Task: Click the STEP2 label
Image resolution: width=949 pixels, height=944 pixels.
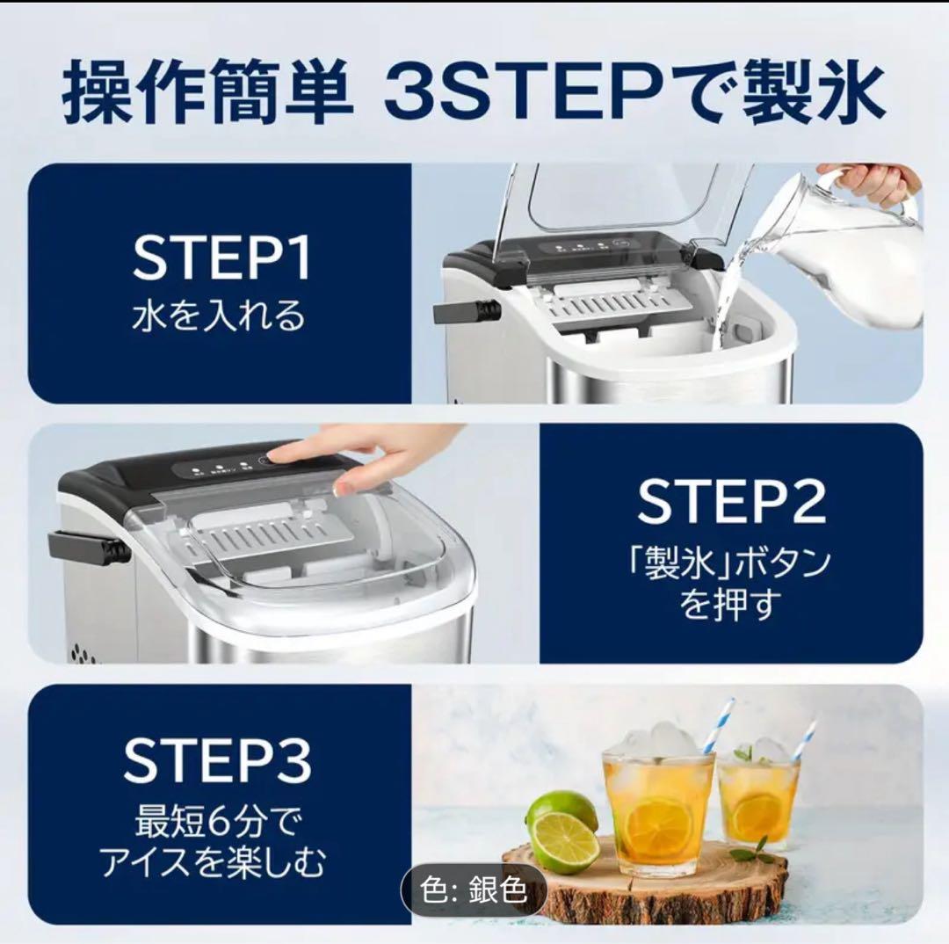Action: pos(731,503)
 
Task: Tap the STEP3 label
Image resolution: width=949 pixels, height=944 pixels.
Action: pos(218,761)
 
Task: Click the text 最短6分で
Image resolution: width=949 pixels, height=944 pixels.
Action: pos(217,823)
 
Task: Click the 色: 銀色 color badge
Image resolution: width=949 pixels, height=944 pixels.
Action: pos(474,891)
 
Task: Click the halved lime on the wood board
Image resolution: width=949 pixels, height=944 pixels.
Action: pos(564,841)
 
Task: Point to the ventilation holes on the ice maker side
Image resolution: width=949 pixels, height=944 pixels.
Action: pos(83,653)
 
